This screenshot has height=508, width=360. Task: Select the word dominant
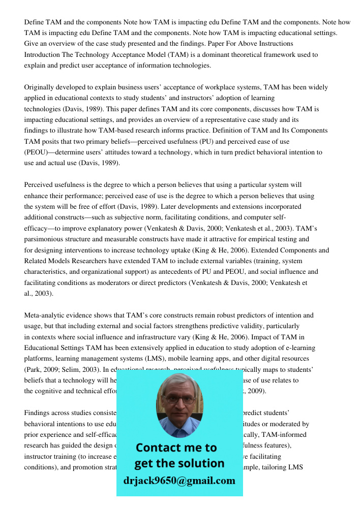[198, 55]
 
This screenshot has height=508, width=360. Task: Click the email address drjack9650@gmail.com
[179, 481]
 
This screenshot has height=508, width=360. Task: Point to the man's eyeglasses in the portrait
[179, 399]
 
